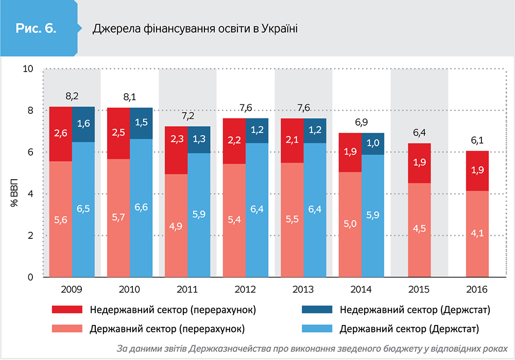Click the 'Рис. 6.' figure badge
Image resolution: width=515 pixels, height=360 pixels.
click(35, 28)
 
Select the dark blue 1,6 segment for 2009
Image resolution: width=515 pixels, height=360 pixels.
click(83, 124)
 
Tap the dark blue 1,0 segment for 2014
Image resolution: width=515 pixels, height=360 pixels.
click(373, 144)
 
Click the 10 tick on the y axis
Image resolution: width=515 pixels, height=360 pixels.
click(29, 69)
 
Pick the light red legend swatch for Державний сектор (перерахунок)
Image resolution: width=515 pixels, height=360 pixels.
click(67, 328)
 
